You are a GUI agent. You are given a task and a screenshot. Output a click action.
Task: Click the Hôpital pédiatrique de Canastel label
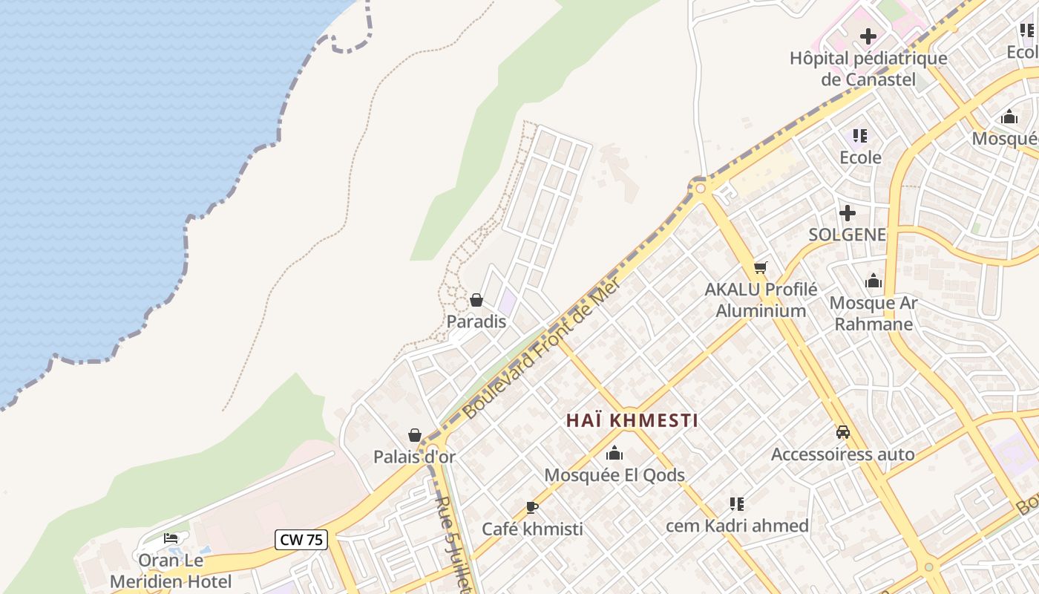[868, 68]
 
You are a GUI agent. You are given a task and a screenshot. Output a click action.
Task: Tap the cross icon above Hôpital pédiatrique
[868, 36]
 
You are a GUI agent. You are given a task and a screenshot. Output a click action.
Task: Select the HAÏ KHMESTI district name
[632, 420]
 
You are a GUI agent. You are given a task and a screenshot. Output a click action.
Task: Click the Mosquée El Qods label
[614, 475]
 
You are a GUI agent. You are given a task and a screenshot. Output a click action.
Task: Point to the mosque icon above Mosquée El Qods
[614, 453]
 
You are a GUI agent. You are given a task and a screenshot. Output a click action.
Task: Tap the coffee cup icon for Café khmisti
[531, 508]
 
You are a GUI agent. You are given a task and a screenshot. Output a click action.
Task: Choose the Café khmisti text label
[532, 529]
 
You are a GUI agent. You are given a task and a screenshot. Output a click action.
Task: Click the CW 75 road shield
[301, 540]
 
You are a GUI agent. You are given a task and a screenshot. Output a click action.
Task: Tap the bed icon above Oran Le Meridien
[171, 538]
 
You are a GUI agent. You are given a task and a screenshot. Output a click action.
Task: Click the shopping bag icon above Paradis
[476, 300]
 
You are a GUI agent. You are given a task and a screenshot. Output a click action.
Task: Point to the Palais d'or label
[414, 457]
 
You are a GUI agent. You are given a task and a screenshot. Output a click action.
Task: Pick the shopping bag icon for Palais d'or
[415, 435]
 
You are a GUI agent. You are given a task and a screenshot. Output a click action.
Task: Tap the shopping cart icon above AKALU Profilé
[760, 267]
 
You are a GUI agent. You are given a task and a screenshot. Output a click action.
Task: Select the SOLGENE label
[848, 235]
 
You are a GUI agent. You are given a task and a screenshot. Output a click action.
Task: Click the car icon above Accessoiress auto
[843, 432]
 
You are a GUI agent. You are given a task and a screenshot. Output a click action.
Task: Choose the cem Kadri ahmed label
[737, 526]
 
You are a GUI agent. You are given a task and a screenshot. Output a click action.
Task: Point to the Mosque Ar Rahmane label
[874, 313]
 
